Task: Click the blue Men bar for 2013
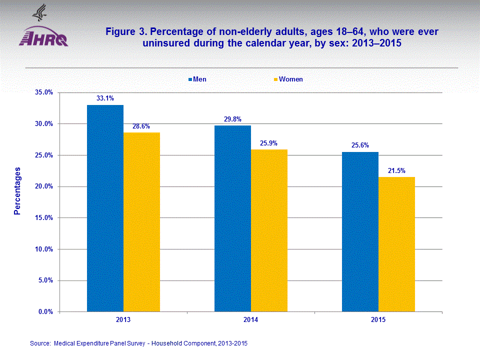105,208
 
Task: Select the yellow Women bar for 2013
141,222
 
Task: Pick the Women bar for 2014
269,230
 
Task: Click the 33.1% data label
105,98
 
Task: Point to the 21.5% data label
396,170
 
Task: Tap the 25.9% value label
269,143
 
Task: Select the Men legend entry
197,79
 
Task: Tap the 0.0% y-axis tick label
46,311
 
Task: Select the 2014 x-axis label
250,319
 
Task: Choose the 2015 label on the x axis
378,319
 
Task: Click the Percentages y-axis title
17,191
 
